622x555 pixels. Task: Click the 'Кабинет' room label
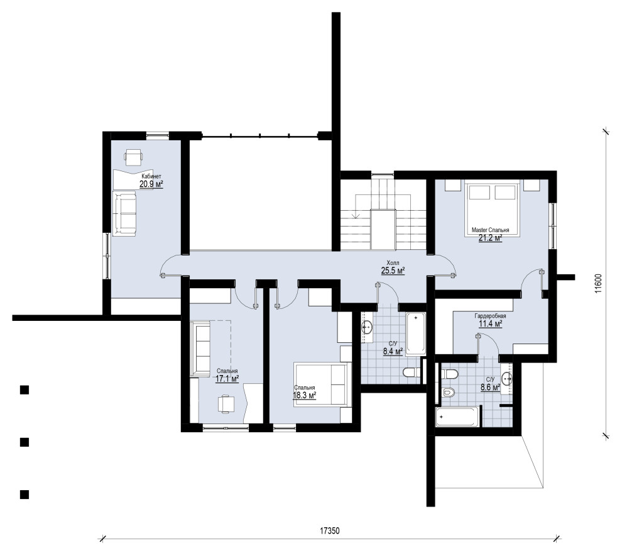click(151, 176)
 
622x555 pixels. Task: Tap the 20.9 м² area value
click(151, 184)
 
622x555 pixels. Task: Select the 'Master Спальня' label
click(490, 230)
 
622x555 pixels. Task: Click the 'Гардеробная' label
click(490, 317)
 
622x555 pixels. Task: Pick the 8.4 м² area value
click(393, 351)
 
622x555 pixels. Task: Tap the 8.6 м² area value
click(490, 388)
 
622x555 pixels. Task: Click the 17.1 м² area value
click(227, 379)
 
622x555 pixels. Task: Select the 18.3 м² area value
click(304, 395)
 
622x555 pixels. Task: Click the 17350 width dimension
click(330, 530)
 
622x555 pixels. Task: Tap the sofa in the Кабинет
click(124, 213)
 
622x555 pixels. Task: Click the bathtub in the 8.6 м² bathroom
click(459, 417)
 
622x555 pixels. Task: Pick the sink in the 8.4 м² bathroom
click(367, 328)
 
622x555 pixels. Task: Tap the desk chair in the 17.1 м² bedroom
click(226, 404)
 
